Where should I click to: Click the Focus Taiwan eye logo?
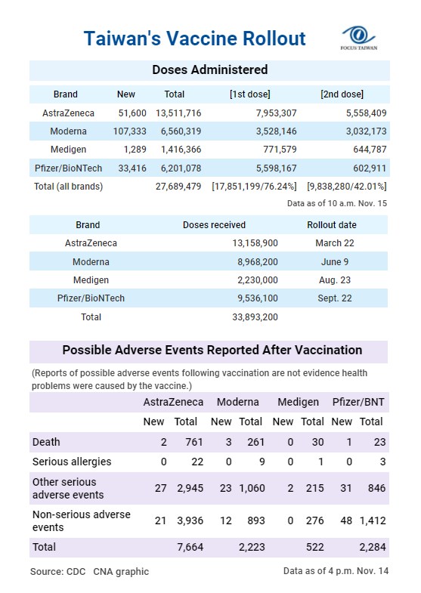358,38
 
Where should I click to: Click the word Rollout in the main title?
274,39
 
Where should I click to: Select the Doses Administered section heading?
210,69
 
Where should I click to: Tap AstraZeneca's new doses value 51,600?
132,113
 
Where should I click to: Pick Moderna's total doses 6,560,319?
181,131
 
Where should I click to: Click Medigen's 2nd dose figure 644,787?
370,150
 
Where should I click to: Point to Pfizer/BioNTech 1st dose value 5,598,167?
276,168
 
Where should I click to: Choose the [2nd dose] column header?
342,94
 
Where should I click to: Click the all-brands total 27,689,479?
178,186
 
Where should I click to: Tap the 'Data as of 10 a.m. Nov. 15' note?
337,203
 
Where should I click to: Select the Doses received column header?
214,225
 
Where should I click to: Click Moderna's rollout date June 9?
335,261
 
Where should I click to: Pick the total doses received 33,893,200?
255,317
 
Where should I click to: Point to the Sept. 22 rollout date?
335,298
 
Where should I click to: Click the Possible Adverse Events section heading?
212,351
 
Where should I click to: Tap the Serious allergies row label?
72,462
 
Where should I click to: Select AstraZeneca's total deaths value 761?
194,442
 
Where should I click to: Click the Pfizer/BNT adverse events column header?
358,402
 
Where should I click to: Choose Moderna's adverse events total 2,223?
252,547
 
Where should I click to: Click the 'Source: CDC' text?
58,571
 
